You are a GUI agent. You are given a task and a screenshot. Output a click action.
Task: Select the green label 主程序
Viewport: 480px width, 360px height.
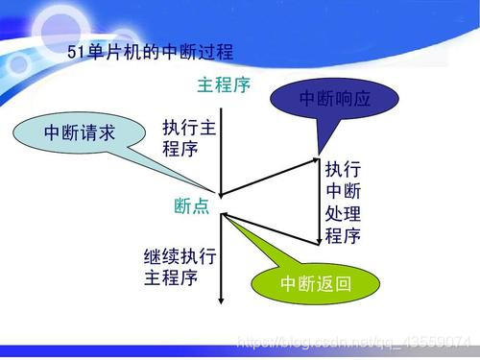click(x=223, y=85)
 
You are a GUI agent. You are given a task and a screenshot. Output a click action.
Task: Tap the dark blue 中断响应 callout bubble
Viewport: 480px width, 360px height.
click(x=334, y=98)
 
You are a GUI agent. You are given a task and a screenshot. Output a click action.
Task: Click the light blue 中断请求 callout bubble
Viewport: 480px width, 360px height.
click(x=79, y=133)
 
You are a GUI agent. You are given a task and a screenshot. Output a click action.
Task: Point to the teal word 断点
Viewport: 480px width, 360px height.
click(x=191, y=206)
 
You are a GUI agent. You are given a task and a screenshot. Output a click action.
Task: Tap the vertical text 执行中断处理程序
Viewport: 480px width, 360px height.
click(x=342, y=203)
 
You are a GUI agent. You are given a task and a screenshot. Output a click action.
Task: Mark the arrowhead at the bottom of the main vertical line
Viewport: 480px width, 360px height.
click(x=221, y=300)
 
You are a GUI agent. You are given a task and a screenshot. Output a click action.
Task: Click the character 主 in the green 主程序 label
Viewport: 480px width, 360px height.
click(x=205, y=85)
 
